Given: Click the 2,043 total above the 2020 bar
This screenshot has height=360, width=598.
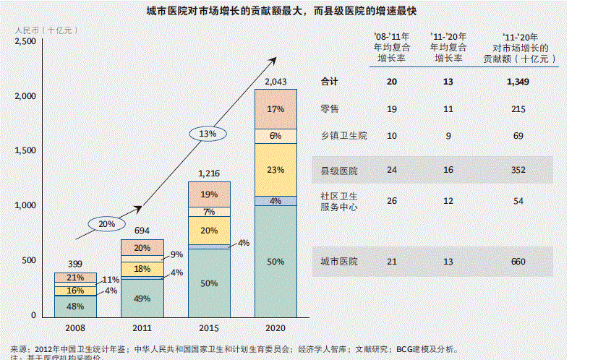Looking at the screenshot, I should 275,81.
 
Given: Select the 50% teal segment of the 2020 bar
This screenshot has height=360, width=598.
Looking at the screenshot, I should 275,262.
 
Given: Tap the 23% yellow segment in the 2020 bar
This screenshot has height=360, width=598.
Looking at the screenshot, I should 275,171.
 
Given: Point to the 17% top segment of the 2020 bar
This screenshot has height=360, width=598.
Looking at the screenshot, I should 275,109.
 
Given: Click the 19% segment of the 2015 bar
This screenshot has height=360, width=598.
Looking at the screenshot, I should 209,194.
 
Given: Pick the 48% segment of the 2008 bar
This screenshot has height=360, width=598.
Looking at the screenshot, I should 76,306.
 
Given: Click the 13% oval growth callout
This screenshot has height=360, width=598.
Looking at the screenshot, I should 208,134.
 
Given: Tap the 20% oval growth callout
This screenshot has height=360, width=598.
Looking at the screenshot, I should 107,224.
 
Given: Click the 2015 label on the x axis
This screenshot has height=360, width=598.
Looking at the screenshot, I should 209,327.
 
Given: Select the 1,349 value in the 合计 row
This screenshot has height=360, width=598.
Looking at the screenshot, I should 518,82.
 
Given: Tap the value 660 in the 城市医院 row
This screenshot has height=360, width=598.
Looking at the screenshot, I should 518,261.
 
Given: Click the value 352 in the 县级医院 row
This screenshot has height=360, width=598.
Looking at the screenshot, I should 518,171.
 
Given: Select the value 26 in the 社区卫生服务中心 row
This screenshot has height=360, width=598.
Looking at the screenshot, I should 391,200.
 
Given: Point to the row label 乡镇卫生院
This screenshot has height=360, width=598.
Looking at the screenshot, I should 343,136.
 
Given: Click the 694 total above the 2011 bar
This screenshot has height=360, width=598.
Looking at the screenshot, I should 142,231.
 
